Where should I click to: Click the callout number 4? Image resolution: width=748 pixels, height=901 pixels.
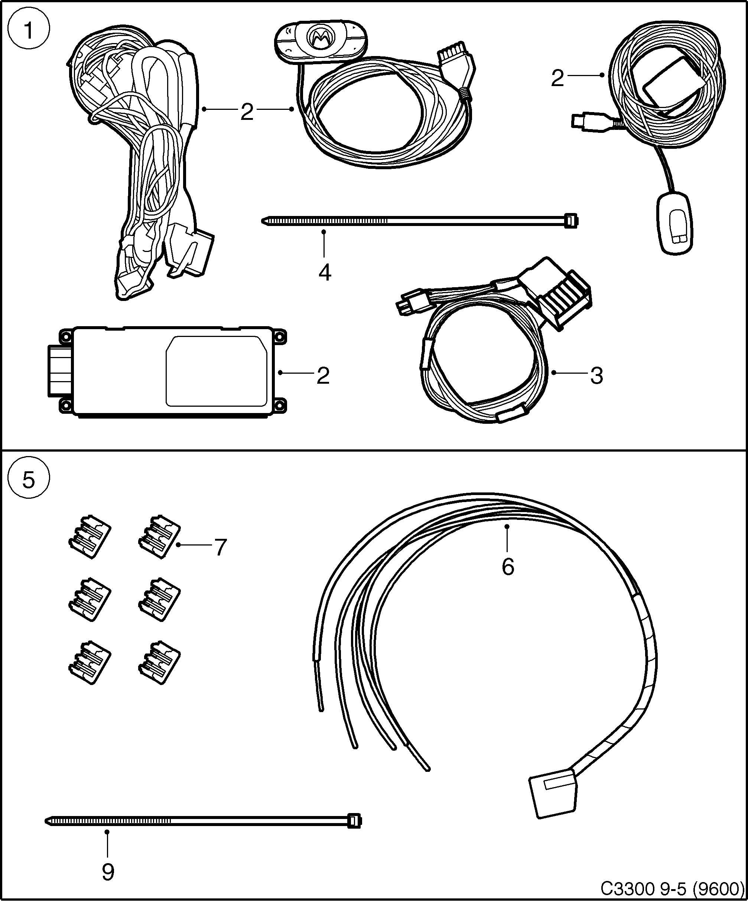(x=325, y=273)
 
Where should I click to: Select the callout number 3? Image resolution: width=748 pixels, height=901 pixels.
(x=596, y=376)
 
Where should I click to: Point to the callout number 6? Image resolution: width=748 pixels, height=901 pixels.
(x=508, y=567)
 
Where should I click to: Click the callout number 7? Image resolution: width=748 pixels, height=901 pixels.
(x=220, y=547)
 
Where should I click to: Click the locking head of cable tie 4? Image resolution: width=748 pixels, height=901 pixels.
(x=571, y=220)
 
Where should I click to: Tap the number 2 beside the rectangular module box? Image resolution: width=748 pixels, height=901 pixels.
(x=323, y=376)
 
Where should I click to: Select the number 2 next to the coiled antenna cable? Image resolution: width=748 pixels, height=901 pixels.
(x=557, y=79)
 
